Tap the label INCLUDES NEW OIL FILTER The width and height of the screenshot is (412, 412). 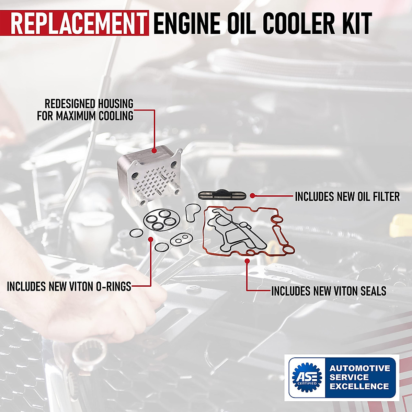347,197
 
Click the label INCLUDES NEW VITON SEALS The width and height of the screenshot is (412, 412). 329,291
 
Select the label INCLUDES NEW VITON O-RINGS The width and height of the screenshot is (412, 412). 69,286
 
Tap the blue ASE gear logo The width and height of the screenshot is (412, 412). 307,377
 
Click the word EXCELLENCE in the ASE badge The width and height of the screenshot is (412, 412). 359,386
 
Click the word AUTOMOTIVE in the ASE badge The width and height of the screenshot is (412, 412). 360,368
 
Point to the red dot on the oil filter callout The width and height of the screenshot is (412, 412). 252,196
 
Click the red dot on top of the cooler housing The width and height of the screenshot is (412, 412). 154,150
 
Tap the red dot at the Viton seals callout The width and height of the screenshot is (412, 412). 247,261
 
